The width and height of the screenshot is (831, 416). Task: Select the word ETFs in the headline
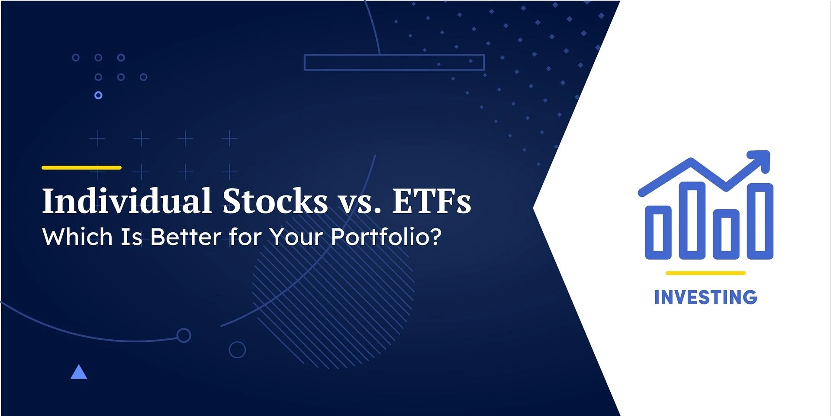[432, 201]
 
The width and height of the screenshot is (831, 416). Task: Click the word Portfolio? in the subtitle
[386, 237]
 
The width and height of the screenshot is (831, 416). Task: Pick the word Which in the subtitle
[77, 237]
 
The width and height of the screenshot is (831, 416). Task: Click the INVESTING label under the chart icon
[705, 298]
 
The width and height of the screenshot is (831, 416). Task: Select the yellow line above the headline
[81, 168]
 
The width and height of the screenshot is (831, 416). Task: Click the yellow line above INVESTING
[705, 273]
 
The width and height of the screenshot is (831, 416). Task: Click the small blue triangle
[79, 373]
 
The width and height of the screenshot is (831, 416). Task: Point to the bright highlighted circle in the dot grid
[98, 95]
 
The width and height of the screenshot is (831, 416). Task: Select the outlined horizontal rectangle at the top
[394, 62]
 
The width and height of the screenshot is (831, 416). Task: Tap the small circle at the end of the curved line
[184, 335]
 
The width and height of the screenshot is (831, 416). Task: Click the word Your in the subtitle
[296, 237]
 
